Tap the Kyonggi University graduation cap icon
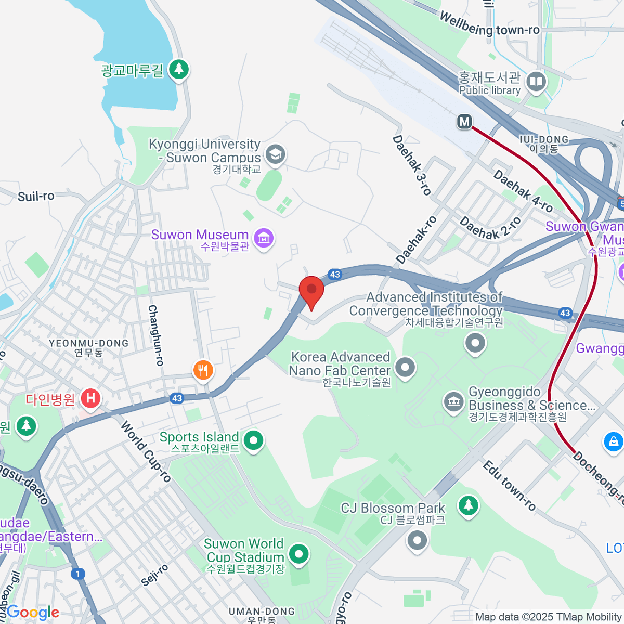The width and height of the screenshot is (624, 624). [x=275, y=154]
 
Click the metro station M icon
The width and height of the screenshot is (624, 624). [x=464, y=122]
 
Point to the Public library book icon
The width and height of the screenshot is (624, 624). [x=536, y=82]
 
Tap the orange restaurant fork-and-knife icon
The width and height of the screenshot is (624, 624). [x=203, y=370]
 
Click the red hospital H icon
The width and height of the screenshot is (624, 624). [x=90, y=399]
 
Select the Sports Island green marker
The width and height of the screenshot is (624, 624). [x=254, y=441]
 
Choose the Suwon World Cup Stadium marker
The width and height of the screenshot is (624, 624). [x=298, y=554]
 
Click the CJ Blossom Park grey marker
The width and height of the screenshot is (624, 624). [x=417, y=541]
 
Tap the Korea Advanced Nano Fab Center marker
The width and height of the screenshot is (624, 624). [x=406, y=367]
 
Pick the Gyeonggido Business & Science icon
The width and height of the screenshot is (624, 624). [x=453, y=402]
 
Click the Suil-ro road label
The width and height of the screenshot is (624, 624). [x=36, y=196]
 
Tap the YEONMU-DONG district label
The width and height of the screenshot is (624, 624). [x=88, y=343]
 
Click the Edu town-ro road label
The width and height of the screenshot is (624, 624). [x=509, y=485]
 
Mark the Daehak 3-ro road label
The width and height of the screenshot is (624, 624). [x=412, y=165]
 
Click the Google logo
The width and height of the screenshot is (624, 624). [x=33, y=613]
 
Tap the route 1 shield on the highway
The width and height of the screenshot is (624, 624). [x=77, y=574]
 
